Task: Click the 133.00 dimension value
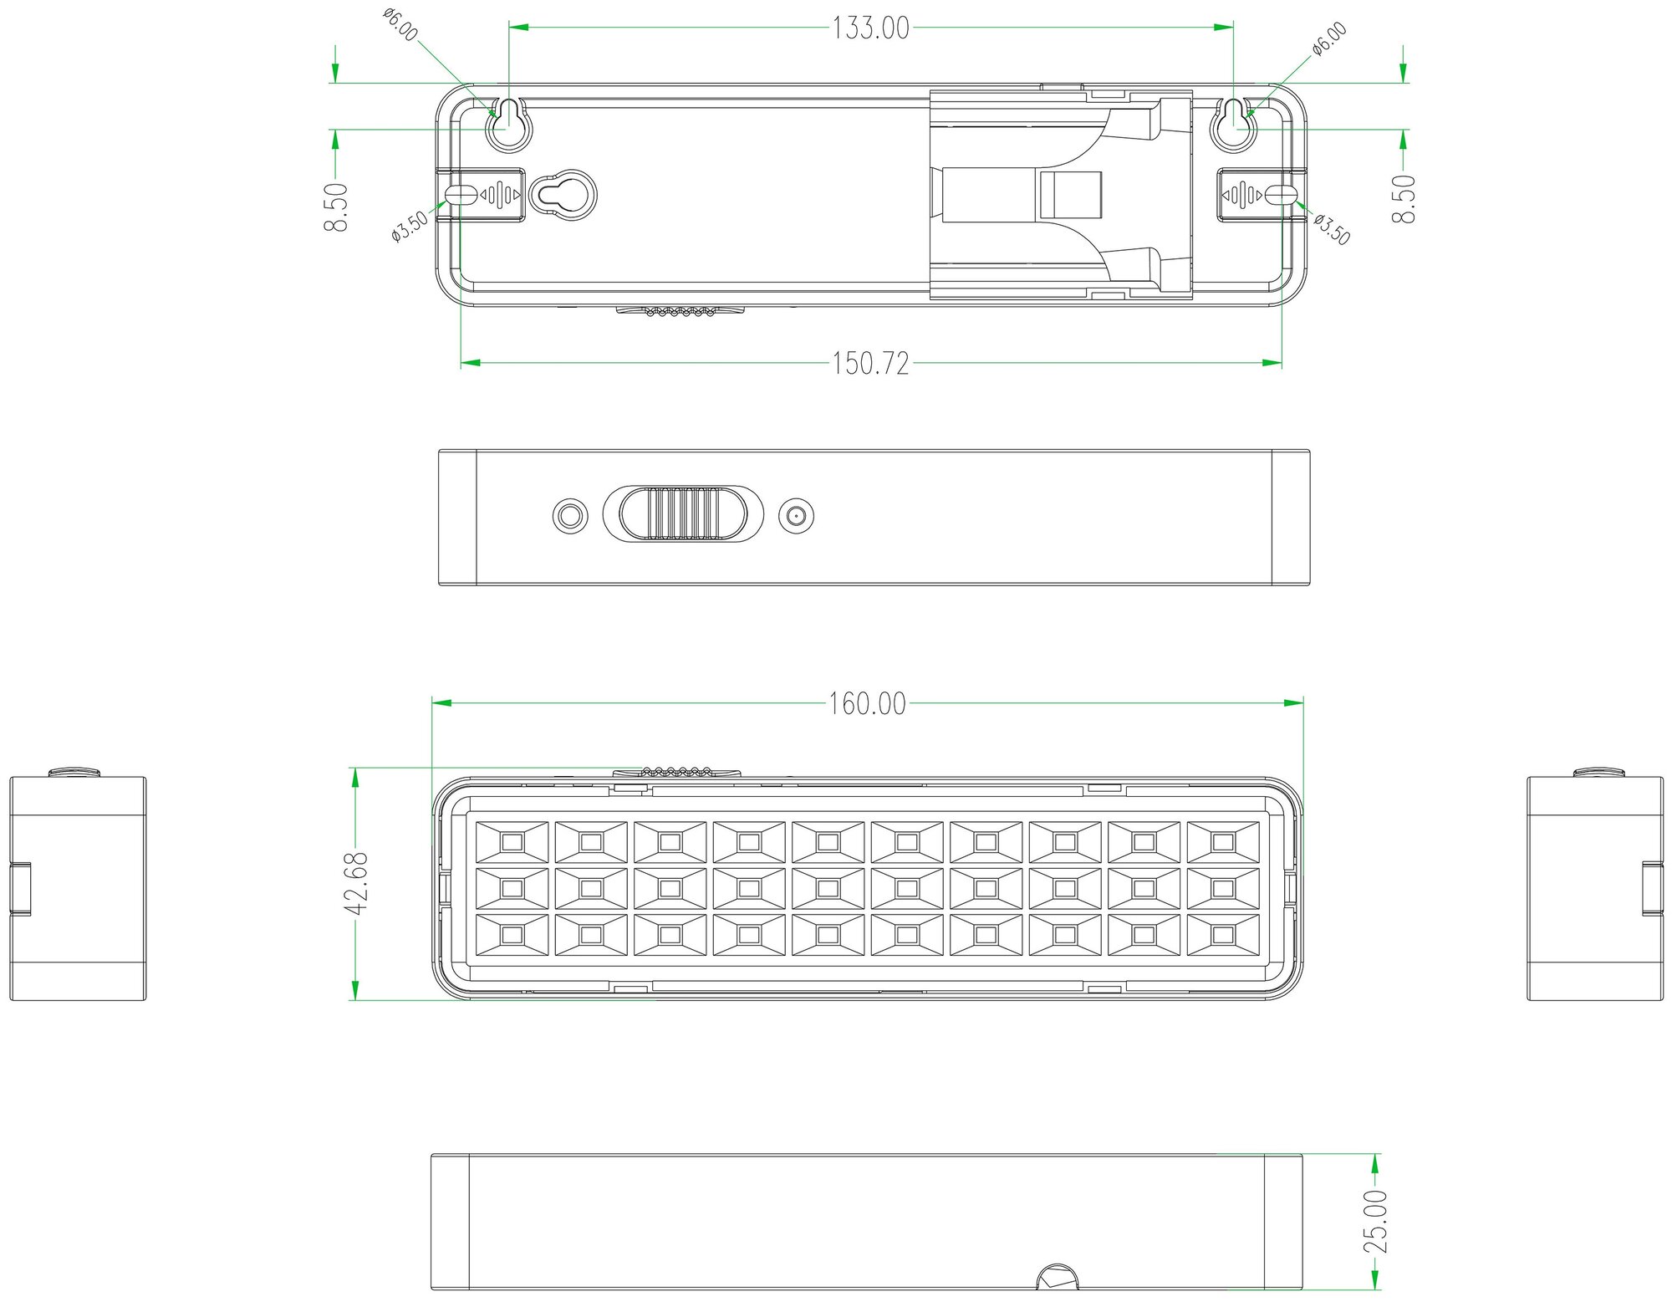tap(870, 28)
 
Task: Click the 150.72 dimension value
tap(870, 364)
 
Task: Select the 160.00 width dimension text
tap(867, 704)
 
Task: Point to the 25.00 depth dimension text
tap(1375, 1222)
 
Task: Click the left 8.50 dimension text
tap(337, 207)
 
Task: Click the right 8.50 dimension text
tap(1404, 198)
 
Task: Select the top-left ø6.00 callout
tap(400, 25)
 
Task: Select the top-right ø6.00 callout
tap(1329, 38)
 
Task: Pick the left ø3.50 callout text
tap(410, 226)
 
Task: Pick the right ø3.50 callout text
tap(1331, 229)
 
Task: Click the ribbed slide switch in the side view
tap(683, 513)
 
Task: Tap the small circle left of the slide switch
tap(570, 515)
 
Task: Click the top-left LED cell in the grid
tap(512, 841)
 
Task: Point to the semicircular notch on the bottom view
tap(1057, 1277)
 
